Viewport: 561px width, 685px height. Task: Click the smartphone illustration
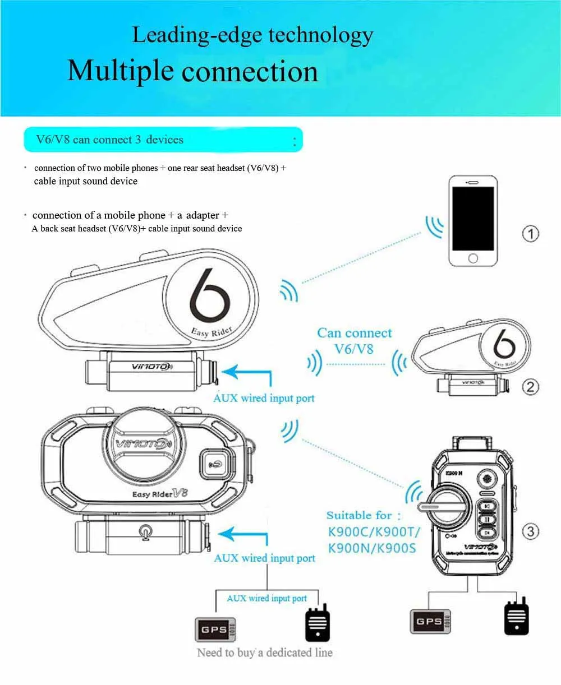(x=473, y=221)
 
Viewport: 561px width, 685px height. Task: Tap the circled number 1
(x=530, y=233)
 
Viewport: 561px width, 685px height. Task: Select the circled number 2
(x=530, y=386)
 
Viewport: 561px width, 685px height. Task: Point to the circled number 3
(x=530, y=531)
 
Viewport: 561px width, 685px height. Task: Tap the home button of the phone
(x=473, y=257)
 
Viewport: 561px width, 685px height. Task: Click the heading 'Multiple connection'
(x=192, y=72)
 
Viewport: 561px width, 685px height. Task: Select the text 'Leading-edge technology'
(x=252, y=35)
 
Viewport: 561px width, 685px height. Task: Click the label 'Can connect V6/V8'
(x=354, y=341)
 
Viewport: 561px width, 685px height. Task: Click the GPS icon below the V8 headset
(x=214, y=630)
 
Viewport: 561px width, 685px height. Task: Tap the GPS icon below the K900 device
(x=430, y=621)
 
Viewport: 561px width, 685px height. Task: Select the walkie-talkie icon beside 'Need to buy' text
(x=318, y=623)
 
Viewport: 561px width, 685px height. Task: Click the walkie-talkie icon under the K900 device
(x=516, y=617)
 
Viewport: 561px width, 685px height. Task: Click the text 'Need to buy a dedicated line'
(x=264, y=652)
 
